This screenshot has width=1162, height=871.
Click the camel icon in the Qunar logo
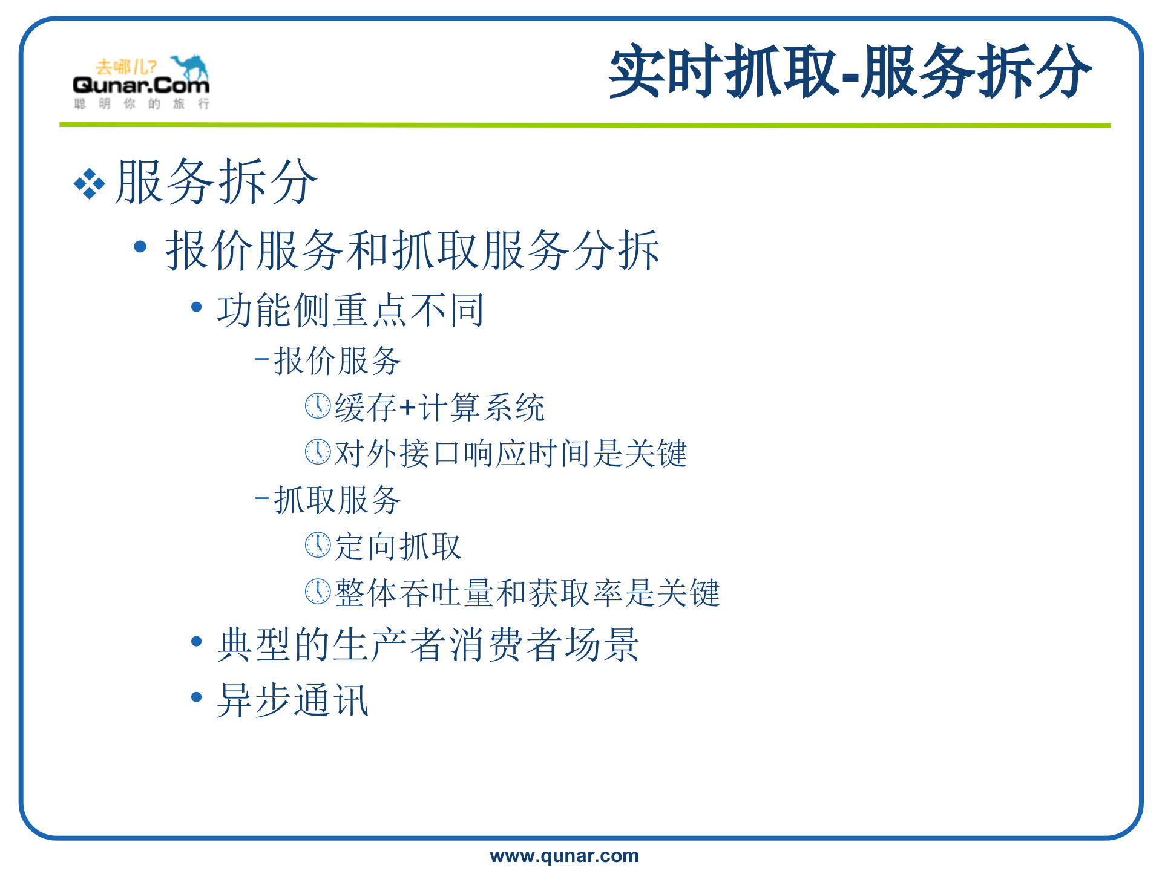[x=190, y=67]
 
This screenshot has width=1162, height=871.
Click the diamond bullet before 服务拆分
[x=89, y=183]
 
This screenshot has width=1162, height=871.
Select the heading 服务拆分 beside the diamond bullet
[x=216, y=182]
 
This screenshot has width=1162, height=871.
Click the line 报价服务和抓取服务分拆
[x=412, y=250]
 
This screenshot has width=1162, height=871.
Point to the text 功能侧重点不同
[x=350, y=310]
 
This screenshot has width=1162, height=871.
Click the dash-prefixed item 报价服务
[x=336, y=361]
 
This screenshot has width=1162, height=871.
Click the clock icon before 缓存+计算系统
[x=318, y=406]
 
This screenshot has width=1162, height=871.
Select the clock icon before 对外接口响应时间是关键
[x=318, y=452]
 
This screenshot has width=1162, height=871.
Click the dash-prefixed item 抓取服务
[x=336, y=500]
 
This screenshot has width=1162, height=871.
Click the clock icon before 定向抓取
[x=318, y=545]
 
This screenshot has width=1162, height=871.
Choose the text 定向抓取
[x=398, y=547]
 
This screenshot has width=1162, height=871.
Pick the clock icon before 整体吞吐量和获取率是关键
[x=318, y=592]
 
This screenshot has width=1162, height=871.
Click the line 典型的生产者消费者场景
[x=428, y=645]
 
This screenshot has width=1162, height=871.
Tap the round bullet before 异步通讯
[x=196, y=697]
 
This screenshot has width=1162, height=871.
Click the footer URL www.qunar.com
[x=564, y=856]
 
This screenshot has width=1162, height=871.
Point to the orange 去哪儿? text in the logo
[x=125, y=67]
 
